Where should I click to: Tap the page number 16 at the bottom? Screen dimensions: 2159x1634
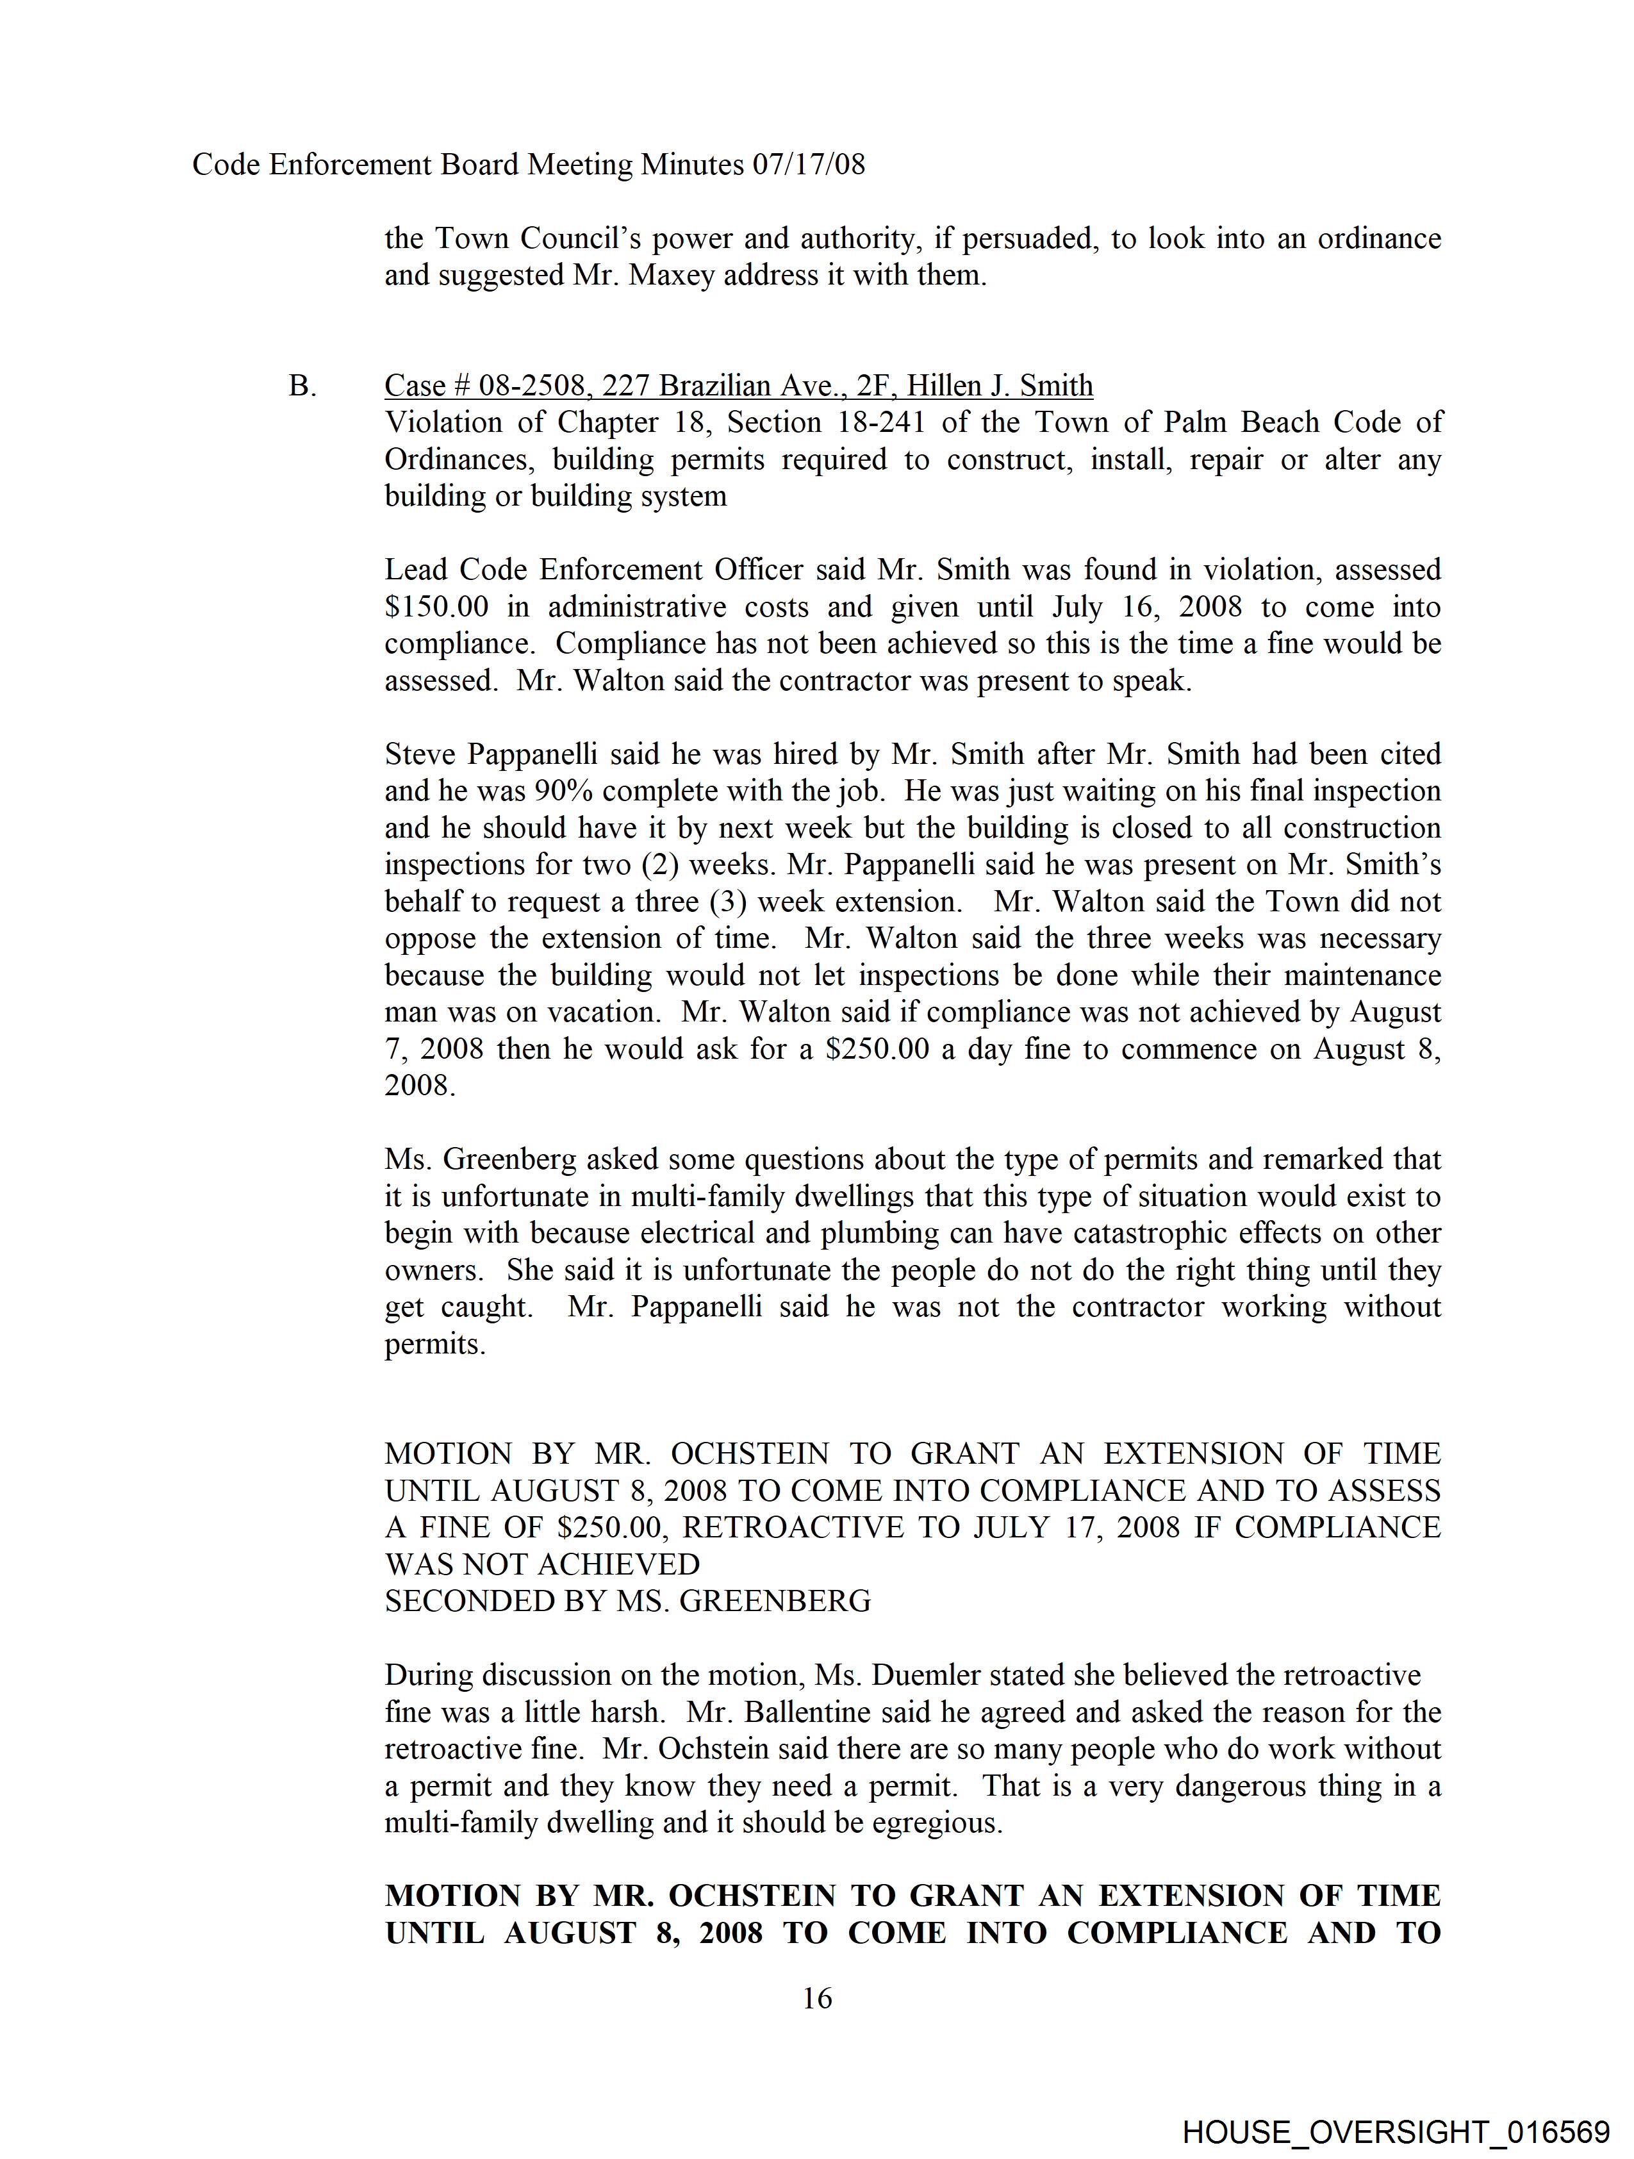[817, 1999]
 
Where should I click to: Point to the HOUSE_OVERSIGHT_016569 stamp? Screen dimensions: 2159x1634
[1395, 2131]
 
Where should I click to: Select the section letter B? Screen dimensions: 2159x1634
[302, 386]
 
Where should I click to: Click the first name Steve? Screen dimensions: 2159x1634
[421, 754]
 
